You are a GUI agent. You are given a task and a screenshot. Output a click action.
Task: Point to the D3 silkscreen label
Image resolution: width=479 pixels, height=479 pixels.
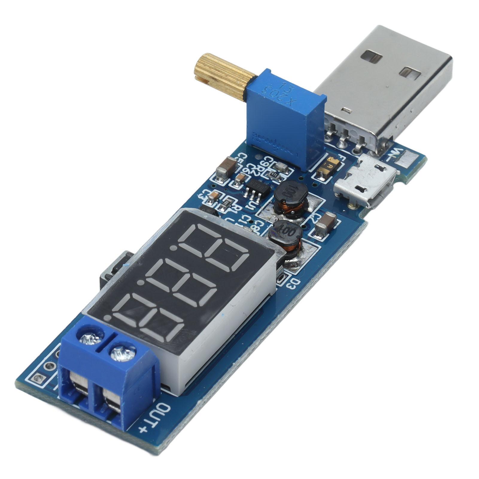click(294, 282)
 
